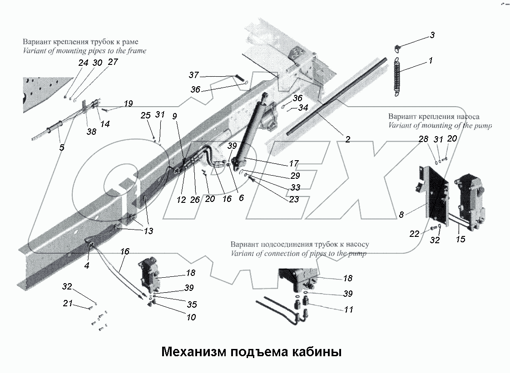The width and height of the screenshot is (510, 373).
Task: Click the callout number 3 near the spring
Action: pyautogui.click(x=432, y=35)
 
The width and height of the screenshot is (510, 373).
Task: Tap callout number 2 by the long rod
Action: pyautogui.click(x=347, y=140)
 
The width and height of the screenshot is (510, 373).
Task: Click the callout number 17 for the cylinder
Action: pyautogui.click(x=294, y=163)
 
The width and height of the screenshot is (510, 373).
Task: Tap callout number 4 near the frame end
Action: pyautogui.click(x=86, y=266)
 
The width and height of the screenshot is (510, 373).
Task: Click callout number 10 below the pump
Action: pyautogui.click(x=191, y=317)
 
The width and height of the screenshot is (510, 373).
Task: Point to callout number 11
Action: pyautogui.click(x=348, y=309)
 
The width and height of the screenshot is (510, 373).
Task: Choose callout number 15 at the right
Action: pyautogui.click(x=460, y=239)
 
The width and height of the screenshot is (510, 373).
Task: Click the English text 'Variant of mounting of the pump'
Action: pyautogui.click(x=440, y=126)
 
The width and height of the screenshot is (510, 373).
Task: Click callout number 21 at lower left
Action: pyautogui.click(x=68, y=304)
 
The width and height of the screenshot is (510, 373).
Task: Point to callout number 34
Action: pyautogui.click(x=303, y=108)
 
